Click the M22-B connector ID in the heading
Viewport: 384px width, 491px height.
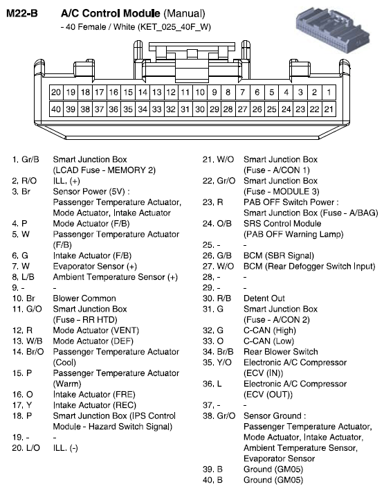point(23,12)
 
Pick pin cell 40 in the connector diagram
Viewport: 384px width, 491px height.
point(57,109)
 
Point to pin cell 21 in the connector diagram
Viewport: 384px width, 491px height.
point(329,109)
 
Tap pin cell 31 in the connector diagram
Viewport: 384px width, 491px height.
point(185,109)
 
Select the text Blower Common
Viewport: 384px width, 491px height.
point(84,298)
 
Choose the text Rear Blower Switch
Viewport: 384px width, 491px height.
point(281,352)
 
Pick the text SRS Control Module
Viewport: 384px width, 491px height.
point(282,224)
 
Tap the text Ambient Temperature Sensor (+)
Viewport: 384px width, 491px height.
point(116,277)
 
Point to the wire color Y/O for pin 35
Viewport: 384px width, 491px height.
point(223,362)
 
